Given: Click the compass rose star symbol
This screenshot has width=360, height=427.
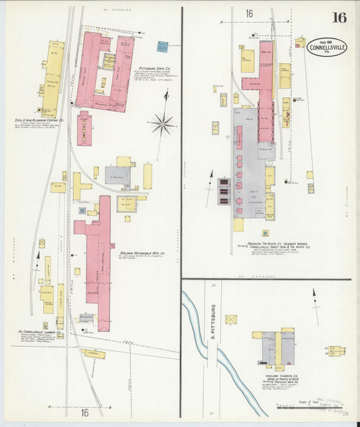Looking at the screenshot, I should coord(162,123).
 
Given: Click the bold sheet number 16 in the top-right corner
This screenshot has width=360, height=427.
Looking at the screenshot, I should coord(338,17).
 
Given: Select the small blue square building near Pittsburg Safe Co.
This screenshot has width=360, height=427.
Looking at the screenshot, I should coord(162,47).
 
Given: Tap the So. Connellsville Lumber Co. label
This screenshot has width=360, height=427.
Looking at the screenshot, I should coord(41,332).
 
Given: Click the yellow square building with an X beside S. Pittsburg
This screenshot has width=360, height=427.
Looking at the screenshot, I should coord(232,320).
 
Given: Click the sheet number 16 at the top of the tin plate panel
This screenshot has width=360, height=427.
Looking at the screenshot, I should coord(249,14).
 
